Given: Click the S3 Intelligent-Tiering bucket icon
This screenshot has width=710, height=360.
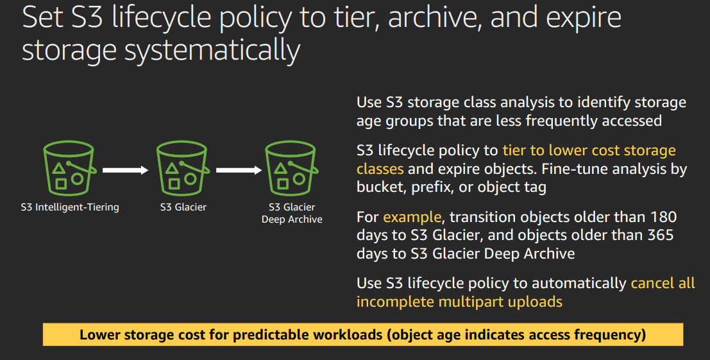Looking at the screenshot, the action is pos(69,168).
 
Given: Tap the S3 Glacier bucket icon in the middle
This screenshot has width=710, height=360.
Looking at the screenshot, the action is pos(182,168).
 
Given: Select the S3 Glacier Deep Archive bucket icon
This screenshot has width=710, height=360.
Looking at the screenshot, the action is pos(291,168).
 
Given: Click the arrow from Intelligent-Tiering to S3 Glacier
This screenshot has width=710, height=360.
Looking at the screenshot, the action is pos(126,170).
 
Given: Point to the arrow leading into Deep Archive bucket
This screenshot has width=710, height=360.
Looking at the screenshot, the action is pos(239,170).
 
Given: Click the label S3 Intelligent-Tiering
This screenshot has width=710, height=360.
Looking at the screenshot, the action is pos(70,207).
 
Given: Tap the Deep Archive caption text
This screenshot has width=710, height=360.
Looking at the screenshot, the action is pos(292,219).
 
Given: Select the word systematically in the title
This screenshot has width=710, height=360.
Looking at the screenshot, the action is pos(212,51).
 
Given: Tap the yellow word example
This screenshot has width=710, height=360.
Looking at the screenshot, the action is pos(412,218).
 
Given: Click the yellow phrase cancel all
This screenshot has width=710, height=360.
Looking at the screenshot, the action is pos(663,283).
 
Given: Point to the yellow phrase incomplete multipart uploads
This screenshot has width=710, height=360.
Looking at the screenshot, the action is pos(460,302).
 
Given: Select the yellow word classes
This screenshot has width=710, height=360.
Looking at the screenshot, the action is pos(380,169).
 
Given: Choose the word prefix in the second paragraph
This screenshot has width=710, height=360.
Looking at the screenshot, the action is pos(430,187).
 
